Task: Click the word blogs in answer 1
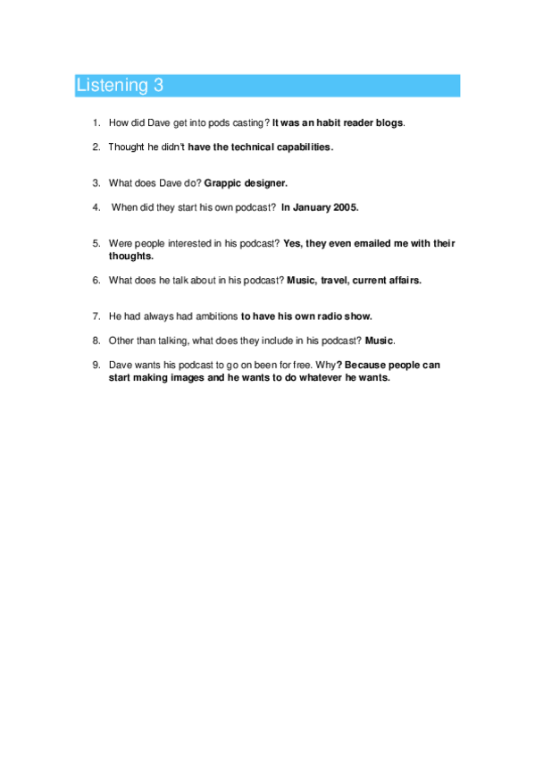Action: (389, 122)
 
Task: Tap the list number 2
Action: (96, 146)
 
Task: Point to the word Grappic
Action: (224, 183)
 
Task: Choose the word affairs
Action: (402, 280)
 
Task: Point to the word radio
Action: (321, 316)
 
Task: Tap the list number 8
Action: (96, 341)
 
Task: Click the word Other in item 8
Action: (122, 341)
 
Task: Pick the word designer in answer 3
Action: (267, 183)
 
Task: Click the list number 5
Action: (96, 243)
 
